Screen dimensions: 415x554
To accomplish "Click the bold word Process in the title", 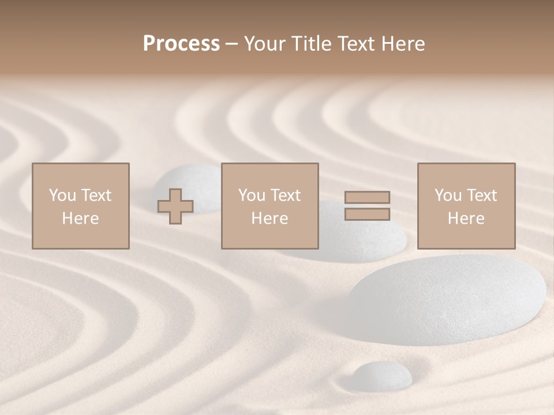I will pyautogui.click(x=181, y=44).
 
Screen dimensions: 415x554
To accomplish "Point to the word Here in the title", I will pyautogui.click(x=402, y=44).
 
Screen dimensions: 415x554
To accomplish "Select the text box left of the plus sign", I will pyautogui.click(x=80, y=206).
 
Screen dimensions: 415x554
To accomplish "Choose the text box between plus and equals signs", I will pyautogui.click(x=269, y=206).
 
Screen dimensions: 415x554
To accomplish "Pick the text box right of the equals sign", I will pyautogui.click(x=466, y=206).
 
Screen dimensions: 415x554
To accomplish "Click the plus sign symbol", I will pyautogui.click(x=175, y=206).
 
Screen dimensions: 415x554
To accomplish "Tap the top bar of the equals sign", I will pyautogui.click(x=367, y=197).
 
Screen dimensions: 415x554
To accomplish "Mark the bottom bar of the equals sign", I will pyautogui.click(x=367, y=214).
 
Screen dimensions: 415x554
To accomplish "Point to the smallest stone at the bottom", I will pyautogui.click(x=381, y=375).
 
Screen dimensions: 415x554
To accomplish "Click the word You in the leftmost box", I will pyautogui.click(x=62, y=195).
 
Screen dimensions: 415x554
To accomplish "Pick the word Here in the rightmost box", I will pyautogui.click(x=466, y=218).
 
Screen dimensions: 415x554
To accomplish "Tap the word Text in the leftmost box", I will pyautogui.click(x=96, y=195).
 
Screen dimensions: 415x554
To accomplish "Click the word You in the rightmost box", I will pyautogui.click(x=447, y=195).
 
